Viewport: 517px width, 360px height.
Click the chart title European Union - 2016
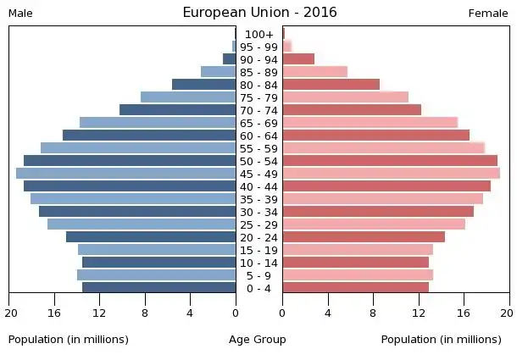[259, 13]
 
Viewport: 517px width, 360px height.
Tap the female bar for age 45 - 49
[391, 174]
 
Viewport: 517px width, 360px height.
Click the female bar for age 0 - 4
[355, 287]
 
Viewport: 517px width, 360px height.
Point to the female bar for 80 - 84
[331, 85]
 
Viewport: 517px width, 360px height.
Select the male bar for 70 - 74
[177, 110]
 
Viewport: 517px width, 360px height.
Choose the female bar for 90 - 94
[298, 59]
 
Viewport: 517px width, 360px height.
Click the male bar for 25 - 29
[142, 224]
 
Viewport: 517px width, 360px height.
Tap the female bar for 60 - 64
[375, 136]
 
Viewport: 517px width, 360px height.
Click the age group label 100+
[258, 34]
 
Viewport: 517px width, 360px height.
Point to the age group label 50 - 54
[258, 161]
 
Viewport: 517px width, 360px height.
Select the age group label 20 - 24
[258, 237]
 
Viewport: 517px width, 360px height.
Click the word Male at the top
[20, 14]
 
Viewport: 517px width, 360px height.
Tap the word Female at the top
[488, 14]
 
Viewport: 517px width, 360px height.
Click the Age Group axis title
[258, 340]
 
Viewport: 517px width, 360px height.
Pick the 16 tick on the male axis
[55, 312]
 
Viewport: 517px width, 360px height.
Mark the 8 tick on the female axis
[374, 312]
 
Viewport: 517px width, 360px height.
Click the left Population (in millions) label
[69, 340]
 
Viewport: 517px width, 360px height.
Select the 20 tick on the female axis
[506, 312]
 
